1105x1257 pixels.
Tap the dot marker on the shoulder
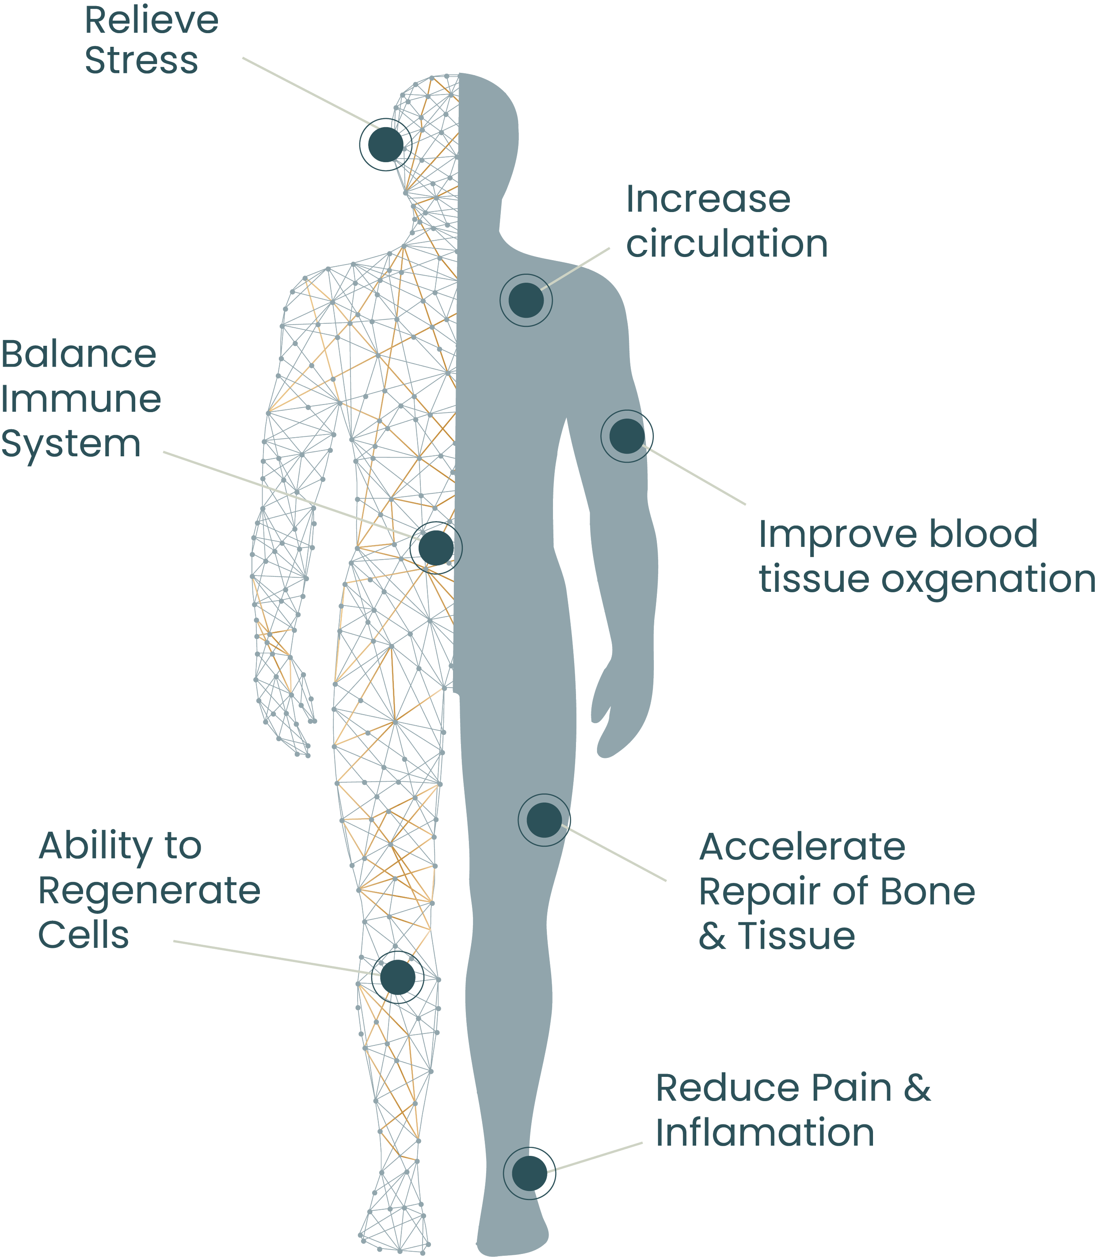coord(526,300)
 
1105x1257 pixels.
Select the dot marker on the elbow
coord(627,436)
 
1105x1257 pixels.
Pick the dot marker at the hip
coord(436,547)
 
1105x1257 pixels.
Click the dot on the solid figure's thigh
coord(545,820)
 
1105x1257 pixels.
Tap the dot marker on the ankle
coord(530,1173)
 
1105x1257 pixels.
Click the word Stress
coord(141,61)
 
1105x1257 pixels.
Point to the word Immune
coord(81,399)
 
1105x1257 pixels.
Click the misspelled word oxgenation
coord(988,579)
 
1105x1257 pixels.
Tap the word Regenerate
coord(149,891)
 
